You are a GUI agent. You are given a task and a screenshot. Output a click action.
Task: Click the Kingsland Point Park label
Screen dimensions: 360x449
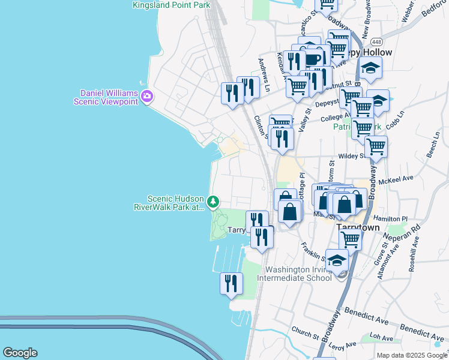172,5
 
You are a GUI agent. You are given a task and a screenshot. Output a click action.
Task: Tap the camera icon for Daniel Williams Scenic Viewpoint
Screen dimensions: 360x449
148,95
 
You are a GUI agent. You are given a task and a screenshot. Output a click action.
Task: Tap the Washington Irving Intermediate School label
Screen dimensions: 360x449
294,274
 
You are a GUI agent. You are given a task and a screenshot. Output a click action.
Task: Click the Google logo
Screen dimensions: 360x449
20,353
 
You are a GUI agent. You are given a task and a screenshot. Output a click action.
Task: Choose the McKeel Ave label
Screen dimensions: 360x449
400,179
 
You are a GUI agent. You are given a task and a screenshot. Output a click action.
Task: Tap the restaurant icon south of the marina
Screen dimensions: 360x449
231,283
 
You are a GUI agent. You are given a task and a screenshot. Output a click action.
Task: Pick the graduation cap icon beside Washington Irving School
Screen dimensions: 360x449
337,260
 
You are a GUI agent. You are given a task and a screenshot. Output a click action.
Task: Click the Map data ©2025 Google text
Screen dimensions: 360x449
411,355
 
